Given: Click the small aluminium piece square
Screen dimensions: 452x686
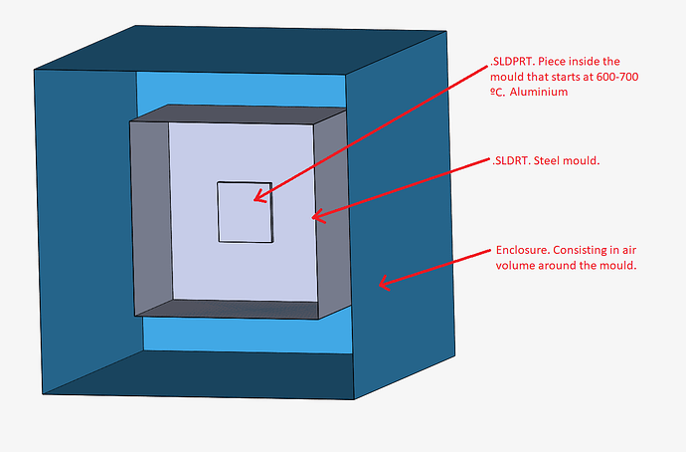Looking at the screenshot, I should (x=245, y=211).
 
